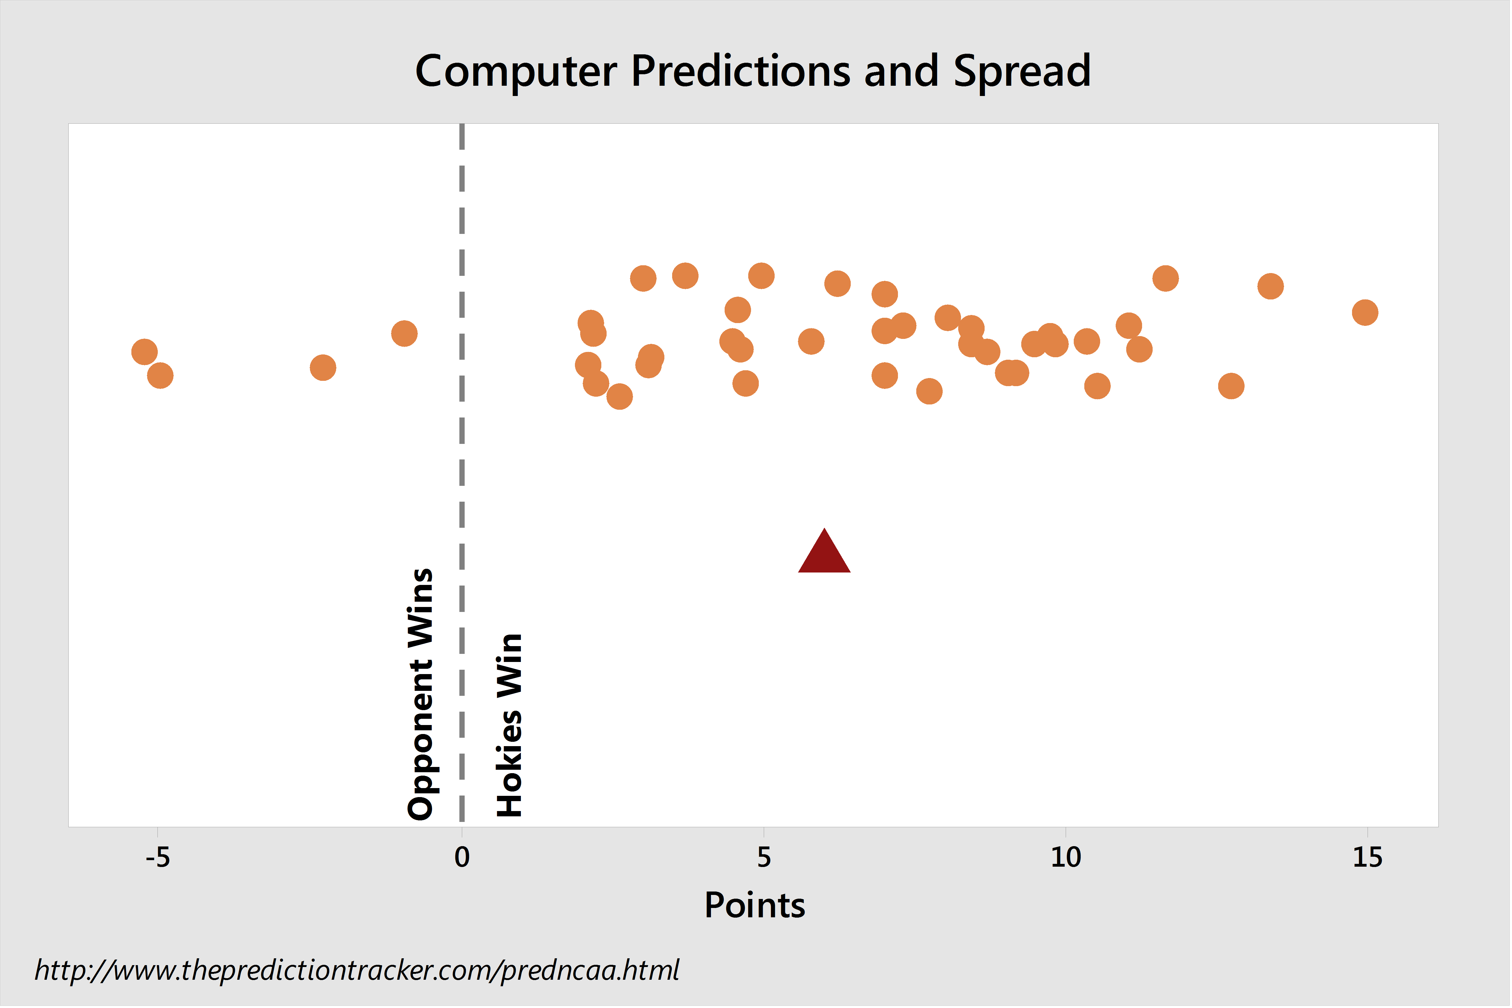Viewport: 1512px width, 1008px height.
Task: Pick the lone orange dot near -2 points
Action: point(323,368)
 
